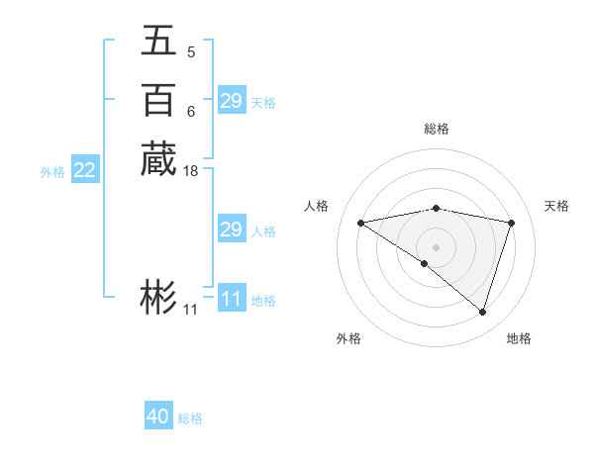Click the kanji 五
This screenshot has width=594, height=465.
(158, 43)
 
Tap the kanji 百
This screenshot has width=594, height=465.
(158, 101)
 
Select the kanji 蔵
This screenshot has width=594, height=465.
(158, 159)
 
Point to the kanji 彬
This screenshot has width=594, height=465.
(158, 298)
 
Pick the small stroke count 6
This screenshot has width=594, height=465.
(191, 112)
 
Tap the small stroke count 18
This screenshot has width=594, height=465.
(191, 170)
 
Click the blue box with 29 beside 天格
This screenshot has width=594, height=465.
(231, 101)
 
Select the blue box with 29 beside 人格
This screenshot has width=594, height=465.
(231, 230)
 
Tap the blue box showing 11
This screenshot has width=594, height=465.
(231, 299)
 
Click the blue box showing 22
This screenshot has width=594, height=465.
(85, 170)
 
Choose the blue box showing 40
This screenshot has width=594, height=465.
(158, 417)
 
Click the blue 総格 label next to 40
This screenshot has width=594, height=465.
(190, 418)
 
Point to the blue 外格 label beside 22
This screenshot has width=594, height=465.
(52, 172)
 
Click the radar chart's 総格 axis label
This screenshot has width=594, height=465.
(437, 129)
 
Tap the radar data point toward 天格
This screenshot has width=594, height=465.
(512, 223)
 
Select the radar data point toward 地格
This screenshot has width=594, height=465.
(482, 312)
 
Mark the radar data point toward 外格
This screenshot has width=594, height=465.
(425, 263)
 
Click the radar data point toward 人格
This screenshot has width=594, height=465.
(360, 223)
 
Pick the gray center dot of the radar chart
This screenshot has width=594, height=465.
(437, 246)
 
